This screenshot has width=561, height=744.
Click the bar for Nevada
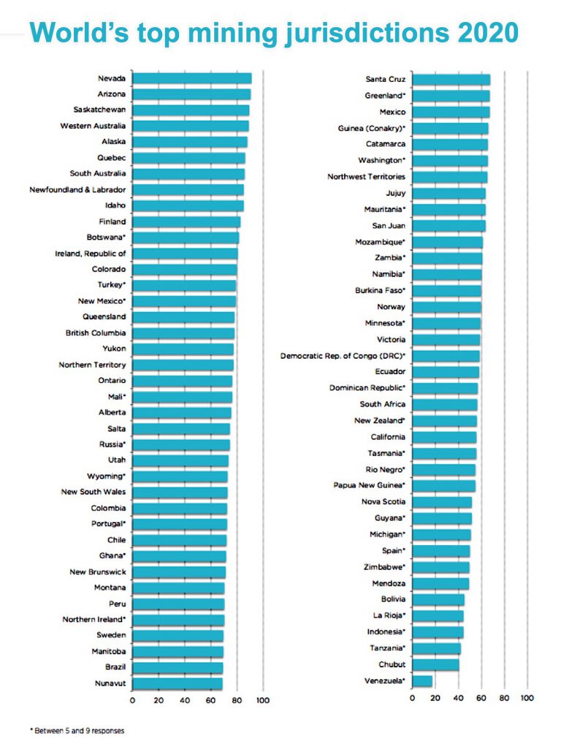click(191, 78)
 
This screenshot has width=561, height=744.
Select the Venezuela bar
click(422, 681)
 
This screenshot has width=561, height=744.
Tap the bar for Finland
click(186, 221)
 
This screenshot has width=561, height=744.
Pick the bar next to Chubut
click(435, 665)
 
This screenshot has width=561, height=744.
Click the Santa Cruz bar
click(451, 79)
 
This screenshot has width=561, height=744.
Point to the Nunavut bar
click(177, 683)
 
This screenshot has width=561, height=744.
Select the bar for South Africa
click(444, 404)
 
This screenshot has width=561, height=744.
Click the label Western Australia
click(93, 126)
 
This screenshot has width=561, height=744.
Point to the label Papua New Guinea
click(369, 485)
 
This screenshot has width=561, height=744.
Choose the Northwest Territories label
click(366, 176)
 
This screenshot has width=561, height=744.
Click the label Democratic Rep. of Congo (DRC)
click(343, 356)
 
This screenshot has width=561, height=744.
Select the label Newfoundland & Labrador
click(77, 189)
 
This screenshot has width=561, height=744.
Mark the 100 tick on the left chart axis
click(263, 701)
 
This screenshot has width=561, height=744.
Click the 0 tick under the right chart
click(412, 699)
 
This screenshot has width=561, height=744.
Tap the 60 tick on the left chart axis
click(211, 701)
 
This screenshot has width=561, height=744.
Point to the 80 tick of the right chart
click(504, 699)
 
